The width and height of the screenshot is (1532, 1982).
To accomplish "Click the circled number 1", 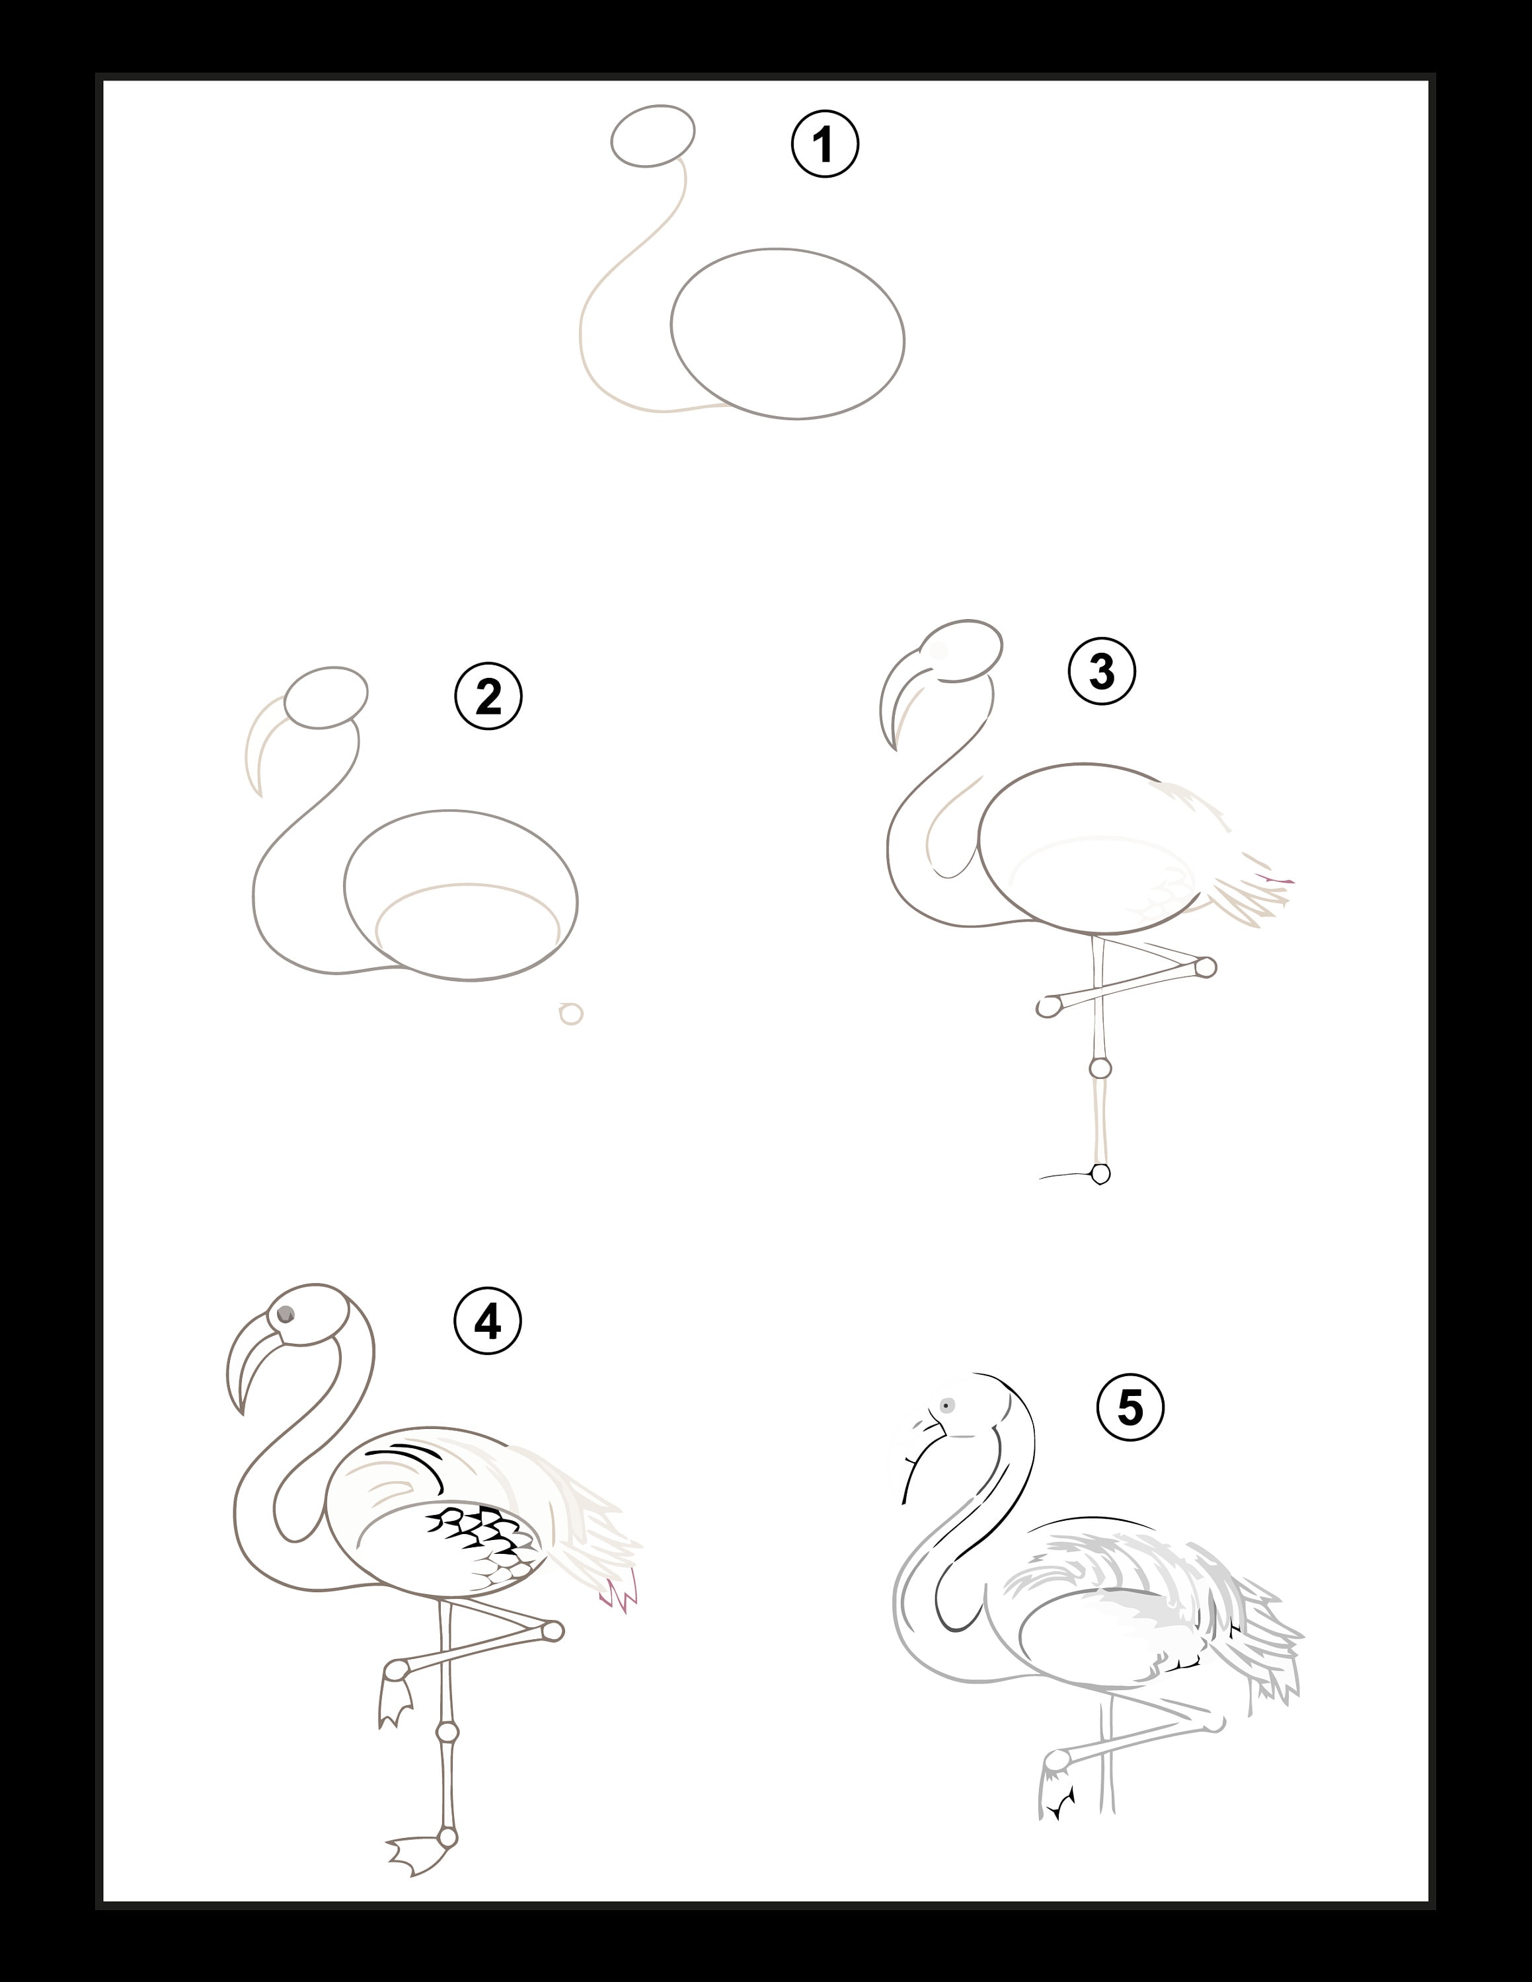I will point(825,144).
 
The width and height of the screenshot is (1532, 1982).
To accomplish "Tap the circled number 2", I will point(488,696).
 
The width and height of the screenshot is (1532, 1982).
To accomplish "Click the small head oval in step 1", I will point(652,135).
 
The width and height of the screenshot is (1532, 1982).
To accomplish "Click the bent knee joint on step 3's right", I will point(1206,967).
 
